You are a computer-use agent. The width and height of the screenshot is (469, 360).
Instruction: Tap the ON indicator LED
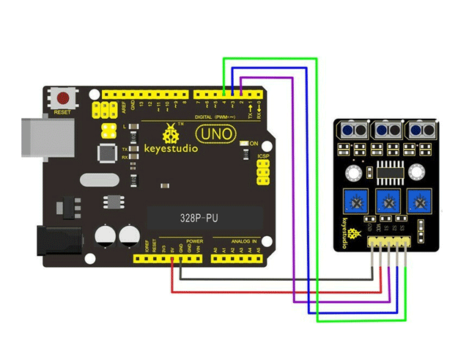pyautogui.click(x=245, y=142)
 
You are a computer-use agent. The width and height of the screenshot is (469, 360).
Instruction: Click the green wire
pyautogui.click(x=317, y=191)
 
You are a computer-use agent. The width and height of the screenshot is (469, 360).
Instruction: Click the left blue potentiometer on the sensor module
pyautogui.click(x=352, y=199)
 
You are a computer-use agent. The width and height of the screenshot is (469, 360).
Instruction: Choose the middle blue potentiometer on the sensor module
pyautogui.click(x=386, y=199)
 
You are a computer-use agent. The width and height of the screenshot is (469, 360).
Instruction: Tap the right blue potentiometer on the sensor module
pyautogui.click(x=418, y=199)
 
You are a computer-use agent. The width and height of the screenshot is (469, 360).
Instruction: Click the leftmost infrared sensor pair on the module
pyautogui.click(x=352, y=131)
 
